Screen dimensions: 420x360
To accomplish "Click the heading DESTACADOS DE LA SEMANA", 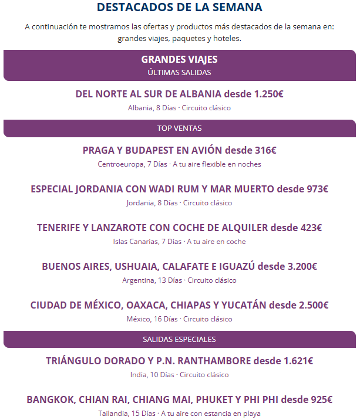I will pos(180,8).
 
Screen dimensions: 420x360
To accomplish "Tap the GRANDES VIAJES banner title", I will pos(180,59).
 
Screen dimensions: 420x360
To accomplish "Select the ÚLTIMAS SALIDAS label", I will pos(180,72).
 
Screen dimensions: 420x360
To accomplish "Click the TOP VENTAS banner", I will pos(180,128).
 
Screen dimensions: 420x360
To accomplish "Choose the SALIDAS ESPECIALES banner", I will pos(180,339).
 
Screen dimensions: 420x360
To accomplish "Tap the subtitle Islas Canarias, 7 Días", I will pos(179,242).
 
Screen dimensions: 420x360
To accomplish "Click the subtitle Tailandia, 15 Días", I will pos(180,414).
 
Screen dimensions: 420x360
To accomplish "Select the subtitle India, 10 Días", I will pos(179,375).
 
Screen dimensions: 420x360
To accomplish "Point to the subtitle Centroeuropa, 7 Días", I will pos(179,164).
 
